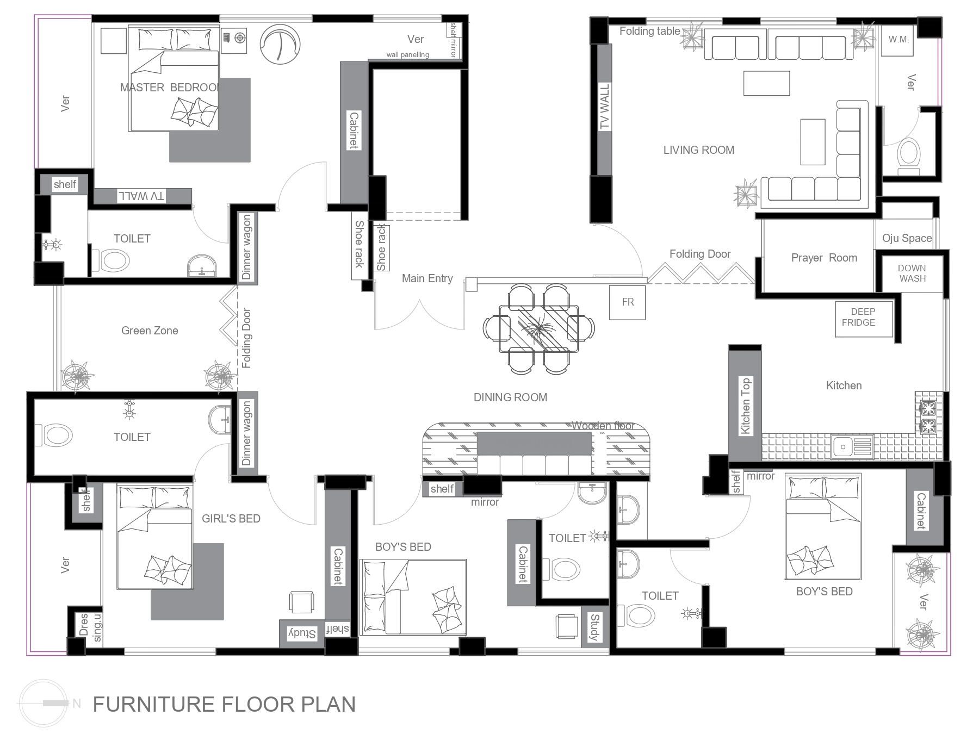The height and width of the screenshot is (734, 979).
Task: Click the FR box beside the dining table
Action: click(628, 302)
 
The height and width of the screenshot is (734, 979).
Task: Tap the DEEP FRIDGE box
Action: click(864, 319)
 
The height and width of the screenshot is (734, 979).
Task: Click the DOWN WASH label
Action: click(912, 273)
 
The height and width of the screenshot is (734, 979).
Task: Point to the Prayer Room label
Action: click(824, 258)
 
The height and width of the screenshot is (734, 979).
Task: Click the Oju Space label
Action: click(907, 238)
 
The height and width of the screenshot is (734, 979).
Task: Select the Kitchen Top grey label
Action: click(745, 406)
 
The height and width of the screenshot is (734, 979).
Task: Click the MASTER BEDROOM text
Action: click(171, 88)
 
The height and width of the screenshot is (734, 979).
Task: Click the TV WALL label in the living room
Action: click(605, 107)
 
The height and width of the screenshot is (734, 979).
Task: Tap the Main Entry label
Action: click(427, 278)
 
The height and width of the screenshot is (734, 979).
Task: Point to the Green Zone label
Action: click(150, 331)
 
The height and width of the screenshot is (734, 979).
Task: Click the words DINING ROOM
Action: click(510, 397)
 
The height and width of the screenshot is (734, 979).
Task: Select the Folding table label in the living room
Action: click(649, 31)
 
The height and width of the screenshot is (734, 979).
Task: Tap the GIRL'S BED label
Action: click(231, 519)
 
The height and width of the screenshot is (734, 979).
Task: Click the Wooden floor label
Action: click(603, 426)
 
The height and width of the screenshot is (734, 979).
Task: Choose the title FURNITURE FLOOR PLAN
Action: click(224, 704)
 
